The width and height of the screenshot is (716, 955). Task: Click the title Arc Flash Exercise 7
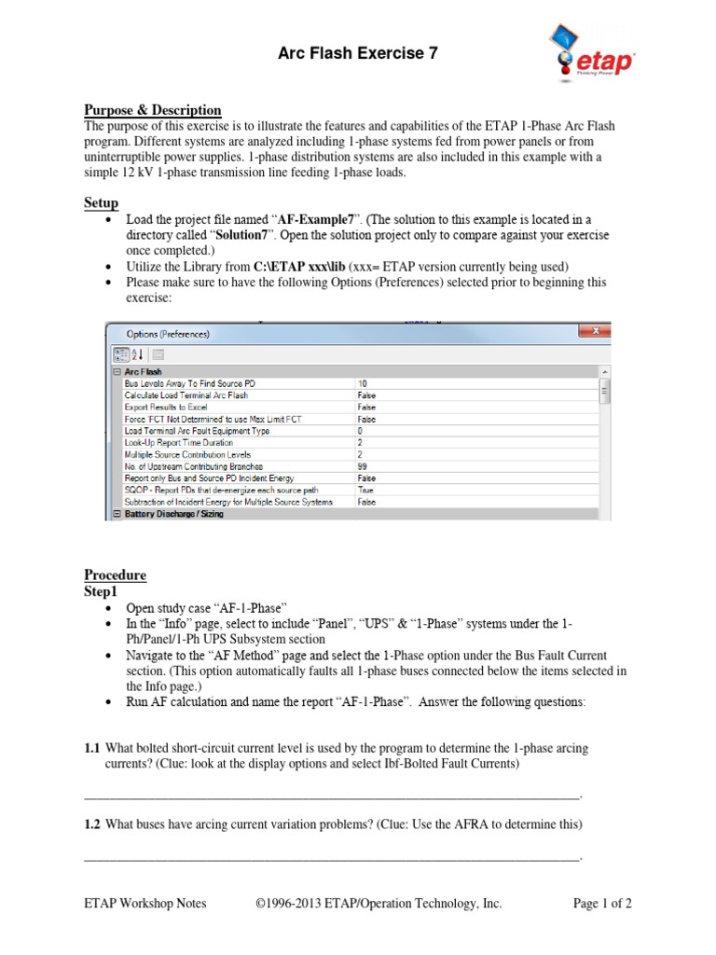tap(358, 54)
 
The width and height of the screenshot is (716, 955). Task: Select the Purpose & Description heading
tap(153, 110)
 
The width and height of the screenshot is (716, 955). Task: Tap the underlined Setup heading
tap(101, 203)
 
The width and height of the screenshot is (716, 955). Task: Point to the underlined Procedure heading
tap(115, 574)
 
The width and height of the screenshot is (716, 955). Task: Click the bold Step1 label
tap(102, 591)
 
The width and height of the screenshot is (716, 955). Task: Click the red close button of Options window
tap(589, 331)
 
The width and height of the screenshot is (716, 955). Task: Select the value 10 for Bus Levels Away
tap(363, 383)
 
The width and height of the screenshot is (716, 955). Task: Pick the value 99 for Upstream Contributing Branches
tap(363, 465)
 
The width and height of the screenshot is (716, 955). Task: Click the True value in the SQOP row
tap(366, 489)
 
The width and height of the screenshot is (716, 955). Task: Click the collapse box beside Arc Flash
tap(117, 371)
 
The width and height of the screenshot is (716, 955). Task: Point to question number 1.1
tap(91, 749)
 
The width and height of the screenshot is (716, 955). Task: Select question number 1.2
tap(91, 824)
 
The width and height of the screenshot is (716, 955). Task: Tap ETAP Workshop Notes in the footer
tap(145, 903)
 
